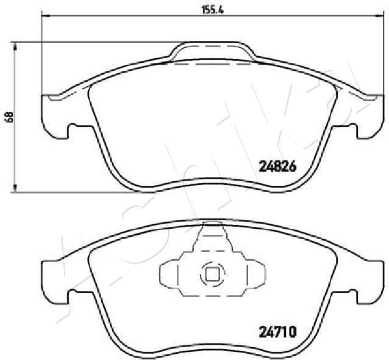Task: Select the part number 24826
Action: click(x=278, y=166)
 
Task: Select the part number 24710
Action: click(x=278, y=333)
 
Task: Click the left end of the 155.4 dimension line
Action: click(x=41, y=19)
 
